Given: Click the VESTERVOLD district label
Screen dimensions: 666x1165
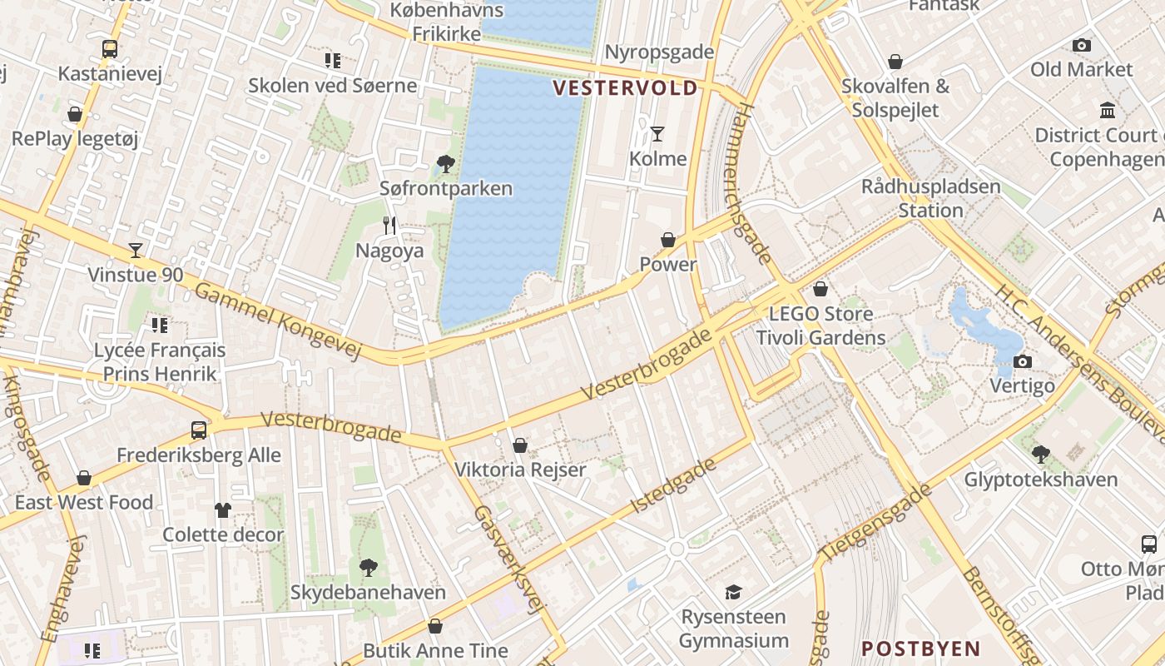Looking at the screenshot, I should coord(626,88).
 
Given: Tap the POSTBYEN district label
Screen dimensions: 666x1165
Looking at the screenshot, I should coord(920,649).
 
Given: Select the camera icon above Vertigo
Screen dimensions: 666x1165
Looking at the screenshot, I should coord(1023,361).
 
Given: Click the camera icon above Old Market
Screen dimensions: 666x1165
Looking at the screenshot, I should coord(1081,45).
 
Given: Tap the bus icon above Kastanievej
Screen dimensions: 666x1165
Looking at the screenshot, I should coord(110,48).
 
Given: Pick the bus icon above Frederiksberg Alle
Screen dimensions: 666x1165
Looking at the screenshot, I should coord(199,430).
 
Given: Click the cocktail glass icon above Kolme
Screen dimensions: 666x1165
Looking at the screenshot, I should coord(657,133).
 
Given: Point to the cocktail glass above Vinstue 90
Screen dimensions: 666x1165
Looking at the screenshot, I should coord(136,250).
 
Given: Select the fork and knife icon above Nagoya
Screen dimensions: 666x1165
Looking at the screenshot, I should coord(389,225).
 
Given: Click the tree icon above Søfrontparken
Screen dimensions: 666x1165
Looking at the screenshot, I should coord(446,163).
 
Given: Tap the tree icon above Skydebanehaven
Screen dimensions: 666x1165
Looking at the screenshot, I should coord(368,568).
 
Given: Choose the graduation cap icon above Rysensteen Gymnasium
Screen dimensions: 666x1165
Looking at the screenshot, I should coord(733,592).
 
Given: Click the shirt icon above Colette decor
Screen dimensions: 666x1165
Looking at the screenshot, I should coord(222,509).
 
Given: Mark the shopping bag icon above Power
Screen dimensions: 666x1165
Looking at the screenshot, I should coord(668,240).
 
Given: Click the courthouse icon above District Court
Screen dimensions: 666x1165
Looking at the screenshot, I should coord(1108,110).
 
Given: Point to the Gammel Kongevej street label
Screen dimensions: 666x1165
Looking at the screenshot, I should coord(278,322).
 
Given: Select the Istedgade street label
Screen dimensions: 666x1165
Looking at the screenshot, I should coord(674,485).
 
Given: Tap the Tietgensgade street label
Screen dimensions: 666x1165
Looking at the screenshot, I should coord(875,522).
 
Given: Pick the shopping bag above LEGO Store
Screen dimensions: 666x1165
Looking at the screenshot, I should coord(820,289).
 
